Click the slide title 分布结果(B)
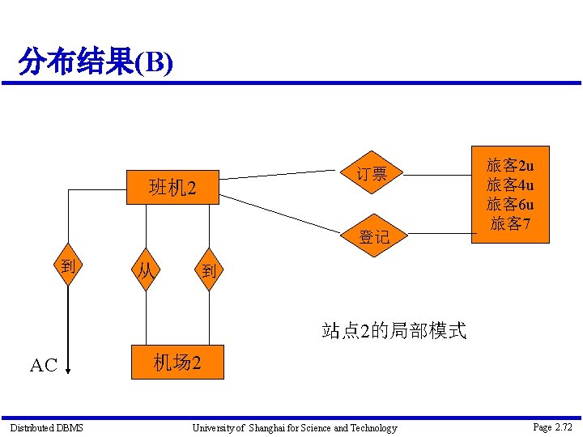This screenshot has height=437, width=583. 96,62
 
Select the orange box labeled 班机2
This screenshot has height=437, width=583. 172,189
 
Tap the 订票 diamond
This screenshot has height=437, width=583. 372,173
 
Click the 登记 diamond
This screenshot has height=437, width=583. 373,236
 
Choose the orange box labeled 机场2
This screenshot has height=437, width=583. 177,363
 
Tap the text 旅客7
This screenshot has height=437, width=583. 510,223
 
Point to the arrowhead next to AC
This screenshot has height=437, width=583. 68,371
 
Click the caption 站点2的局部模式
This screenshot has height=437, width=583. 394,330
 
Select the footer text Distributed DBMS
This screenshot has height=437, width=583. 46,427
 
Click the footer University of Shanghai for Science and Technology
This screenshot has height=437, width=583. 294,427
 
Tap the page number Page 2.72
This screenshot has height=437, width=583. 553,426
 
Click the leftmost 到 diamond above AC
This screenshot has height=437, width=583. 68,266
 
